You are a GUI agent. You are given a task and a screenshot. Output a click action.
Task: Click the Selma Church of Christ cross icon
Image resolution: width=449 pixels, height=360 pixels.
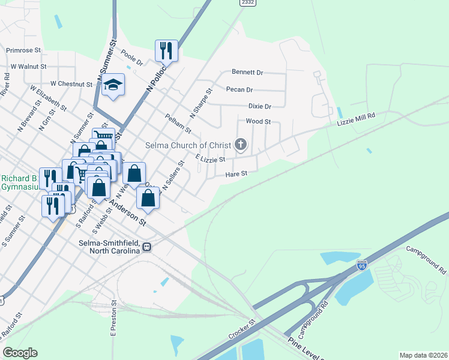[x=241, y=144]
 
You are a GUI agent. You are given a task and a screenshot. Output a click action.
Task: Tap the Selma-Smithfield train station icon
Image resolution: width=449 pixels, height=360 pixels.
[x=146, y=246]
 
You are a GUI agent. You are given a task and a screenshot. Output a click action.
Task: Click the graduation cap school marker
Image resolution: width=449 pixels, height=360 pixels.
[x=112, y=85]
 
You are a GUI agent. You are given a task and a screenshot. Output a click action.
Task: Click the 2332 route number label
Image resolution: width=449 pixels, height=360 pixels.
[x=247, y=3]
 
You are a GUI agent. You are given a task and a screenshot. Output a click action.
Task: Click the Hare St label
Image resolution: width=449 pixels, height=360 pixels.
[x=237, y=174]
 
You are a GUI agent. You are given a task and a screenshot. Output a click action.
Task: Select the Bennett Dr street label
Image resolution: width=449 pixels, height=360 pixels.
[x=247, y=73]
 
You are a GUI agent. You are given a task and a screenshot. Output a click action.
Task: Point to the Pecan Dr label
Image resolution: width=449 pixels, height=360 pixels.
[x=240, y=89]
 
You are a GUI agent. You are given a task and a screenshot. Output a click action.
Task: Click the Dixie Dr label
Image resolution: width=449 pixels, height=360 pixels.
[x=260, y=106]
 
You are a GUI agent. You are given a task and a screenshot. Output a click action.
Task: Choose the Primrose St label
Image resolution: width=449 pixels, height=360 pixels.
[x=25, y=50]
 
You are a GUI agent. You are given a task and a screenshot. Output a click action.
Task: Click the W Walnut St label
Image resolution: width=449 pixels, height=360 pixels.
[x=28, y=67]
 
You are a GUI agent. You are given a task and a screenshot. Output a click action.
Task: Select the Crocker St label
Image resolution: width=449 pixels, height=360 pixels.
[x=242, y=329]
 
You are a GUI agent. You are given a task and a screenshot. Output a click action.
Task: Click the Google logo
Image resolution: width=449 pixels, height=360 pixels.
[x=20, y=353]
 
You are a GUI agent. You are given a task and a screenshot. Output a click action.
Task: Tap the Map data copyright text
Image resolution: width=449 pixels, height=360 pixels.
[x=424, y=355]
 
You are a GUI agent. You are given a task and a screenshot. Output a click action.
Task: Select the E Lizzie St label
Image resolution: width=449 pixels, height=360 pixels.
[x=210, y=158]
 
